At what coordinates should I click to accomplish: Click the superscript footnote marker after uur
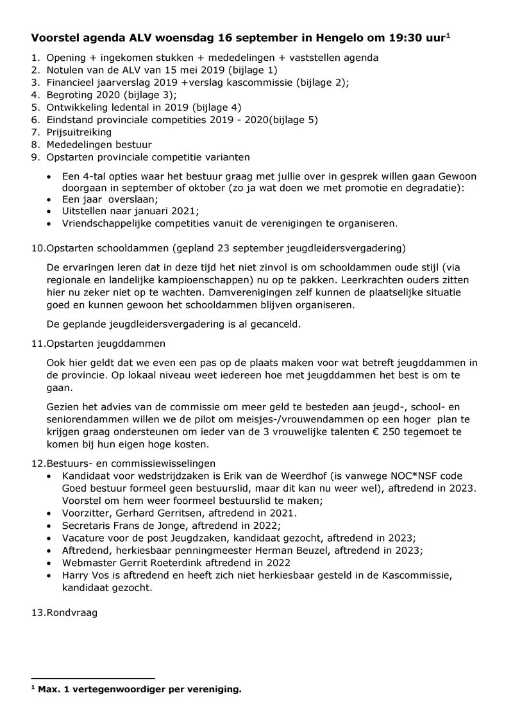click(449, 35)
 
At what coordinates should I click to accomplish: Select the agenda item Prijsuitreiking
click(79, 132)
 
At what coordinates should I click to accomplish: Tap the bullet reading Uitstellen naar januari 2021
click(130, 211)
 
